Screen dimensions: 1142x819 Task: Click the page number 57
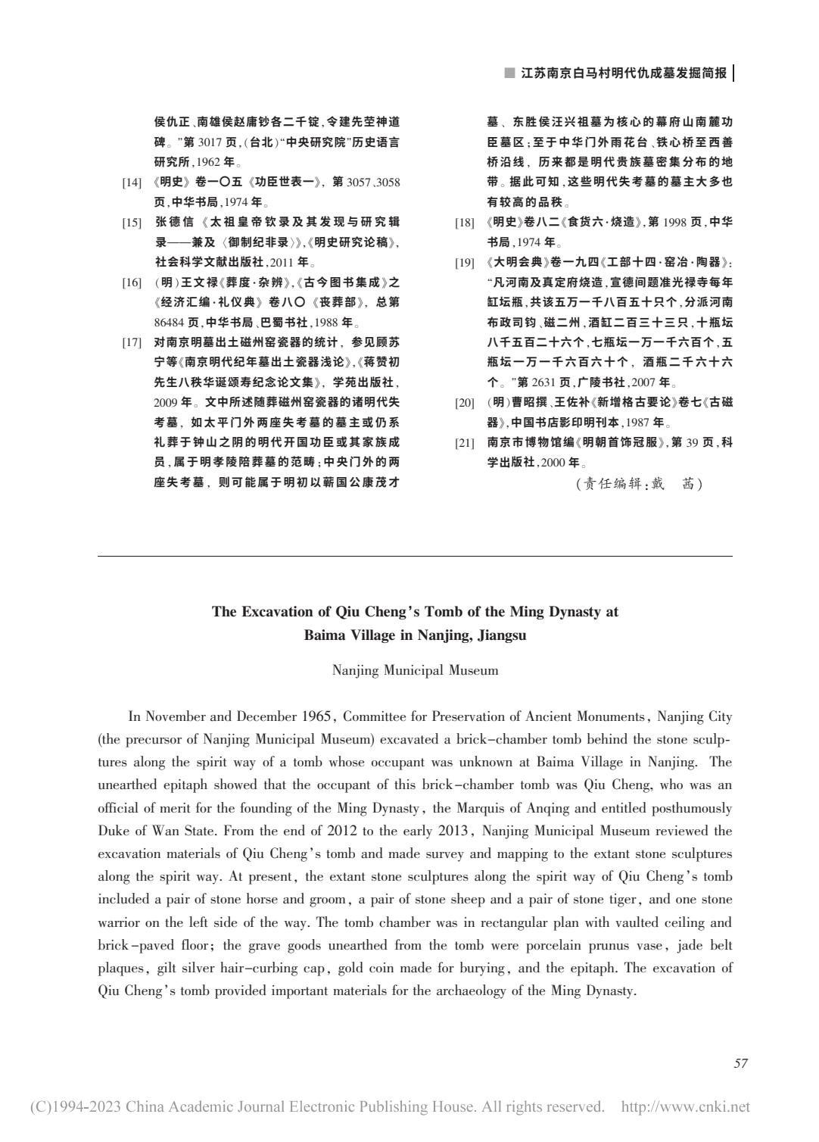pos(740,1063)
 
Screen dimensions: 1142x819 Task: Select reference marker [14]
pos(132,183)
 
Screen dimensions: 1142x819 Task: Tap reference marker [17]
pos(132,342)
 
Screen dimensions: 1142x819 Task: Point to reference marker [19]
pos(464,263)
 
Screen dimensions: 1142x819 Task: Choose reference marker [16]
pos(132,282)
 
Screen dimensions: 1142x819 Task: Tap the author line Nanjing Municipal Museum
pos(415,670)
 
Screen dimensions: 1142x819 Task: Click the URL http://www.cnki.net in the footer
pos(685,1107)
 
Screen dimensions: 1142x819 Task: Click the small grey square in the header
pos(509,73)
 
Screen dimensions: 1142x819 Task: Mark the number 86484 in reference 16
pos(170,323)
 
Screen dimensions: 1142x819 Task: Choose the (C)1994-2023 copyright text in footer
pos(74,1107)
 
